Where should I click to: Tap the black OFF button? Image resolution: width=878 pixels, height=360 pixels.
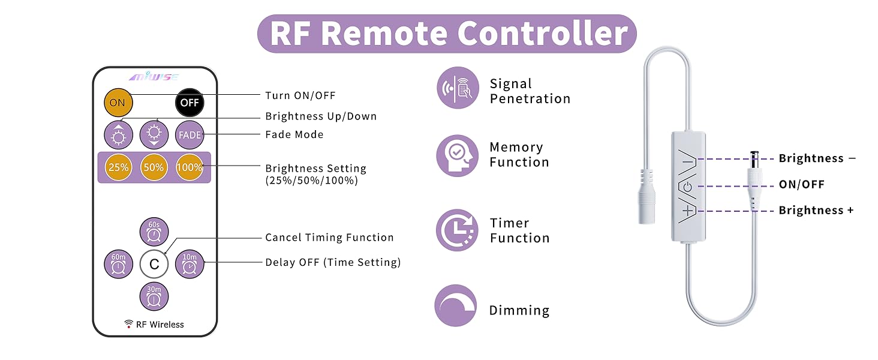click(x=190, y=103)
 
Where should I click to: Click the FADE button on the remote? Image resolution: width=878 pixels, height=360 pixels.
click(x=190, y=135)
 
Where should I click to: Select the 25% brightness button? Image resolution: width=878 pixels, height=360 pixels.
click(x=118, y=167)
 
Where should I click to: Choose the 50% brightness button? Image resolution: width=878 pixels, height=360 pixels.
click(x=154, y=167)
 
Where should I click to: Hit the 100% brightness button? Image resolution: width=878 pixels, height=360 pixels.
click(x=190, y=167)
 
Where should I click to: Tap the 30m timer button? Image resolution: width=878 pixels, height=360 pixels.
click(x=154, y=296)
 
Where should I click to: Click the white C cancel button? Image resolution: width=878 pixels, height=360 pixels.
click(x=154, y=264)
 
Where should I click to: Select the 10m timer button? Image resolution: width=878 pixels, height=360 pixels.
click(x=190, y=264)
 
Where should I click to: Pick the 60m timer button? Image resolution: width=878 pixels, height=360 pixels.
click(x=118, y=264)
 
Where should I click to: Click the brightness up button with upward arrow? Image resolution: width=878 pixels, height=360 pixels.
click(x=118, y=135)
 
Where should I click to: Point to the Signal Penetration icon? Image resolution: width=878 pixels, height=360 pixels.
click(x=458, y=88)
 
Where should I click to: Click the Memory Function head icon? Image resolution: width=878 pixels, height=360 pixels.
click(x=458, y=155)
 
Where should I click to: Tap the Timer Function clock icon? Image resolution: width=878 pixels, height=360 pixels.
click(x=458, y=230)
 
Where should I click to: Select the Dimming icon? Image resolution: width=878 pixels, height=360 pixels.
click(x=455, y=305)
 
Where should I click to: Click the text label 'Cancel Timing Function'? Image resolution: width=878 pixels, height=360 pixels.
click(x=330, y=238)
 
